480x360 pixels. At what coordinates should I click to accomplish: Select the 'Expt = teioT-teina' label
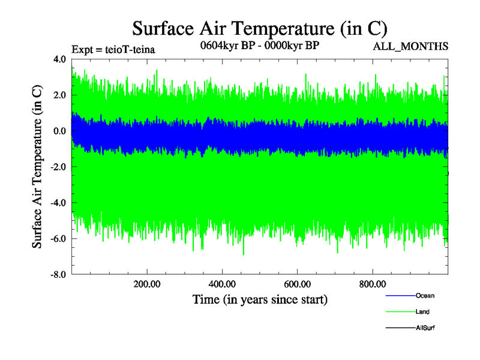113,50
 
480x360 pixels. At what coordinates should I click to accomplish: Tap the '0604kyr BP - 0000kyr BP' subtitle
259,45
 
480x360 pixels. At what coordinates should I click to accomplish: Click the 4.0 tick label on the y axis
59,59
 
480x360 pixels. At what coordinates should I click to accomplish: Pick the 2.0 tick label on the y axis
59,95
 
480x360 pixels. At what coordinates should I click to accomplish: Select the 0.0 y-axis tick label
59,131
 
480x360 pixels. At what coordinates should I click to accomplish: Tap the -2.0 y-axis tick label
58,167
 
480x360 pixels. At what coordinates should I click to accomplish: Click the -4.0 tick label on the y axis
58,203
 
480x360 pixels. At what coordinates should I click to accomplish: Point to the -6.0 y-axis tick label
58,239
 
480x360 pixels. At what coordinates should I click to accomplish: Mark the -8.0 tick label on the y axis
58,275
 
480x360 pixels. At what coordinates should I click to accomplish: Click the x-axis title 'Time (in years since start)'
259,299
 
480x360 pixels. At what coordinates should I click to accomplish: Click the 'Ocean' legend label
425,296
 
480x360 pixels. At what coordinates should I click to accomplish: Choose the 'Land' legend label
422,312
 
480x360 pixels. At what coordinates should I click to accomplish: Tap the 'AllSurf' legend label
425,328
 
